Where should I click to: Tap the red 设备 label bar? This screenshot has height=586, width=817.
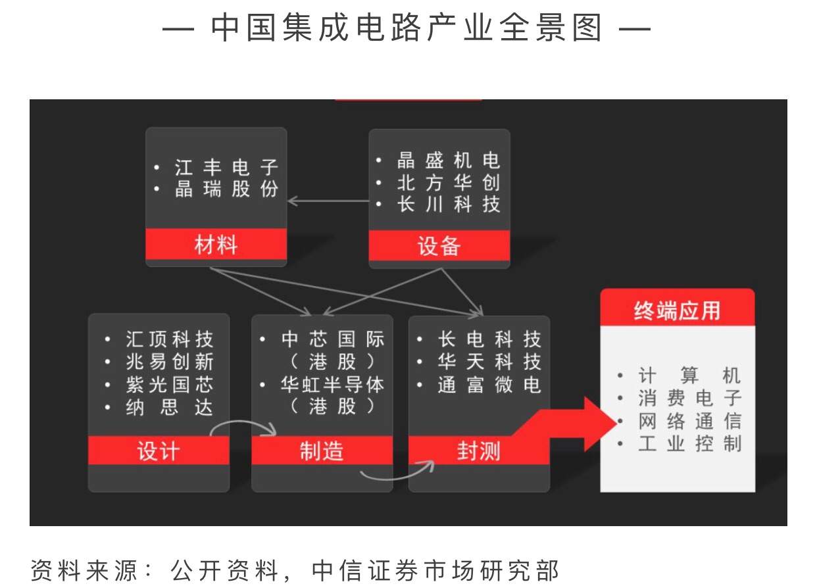click(x=439, y=246)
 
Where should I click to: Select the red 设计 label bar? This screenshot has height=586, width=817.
click(x=159, y=451)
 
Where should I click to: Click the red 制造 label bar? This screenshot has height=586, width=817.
click(x=322, y=451)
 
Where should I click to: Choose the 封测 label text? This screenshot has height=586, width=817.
click(x=478, y=451)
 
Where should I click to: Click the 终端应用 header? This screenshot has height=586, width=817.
click(x=677, y=310)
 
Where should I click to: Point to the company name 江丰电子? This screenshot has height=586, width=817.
click(x=226, y=167)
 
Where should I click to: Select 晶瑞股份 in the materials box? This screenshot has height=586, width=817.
click(x=226, y=189)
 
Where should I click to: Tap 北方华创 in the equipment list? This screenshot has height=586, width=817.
click(x=448, y=182)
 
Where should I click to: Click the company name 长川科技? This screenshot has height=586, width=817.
click(x=448, y=204)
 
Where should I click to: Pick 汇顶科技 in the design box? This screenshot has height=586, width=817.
click(x=169, y=339)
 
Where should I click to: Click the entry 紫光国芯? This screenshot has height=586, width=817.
click(x=169, y=385)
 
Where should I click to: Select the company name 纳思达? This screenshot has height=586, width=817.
click(x=169, y=408)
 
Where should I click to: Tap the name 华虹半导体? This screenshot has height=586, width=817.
click(x=332, y=385)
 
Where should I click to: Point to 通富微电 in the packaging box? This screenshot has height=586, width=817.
click(x=489, y=385)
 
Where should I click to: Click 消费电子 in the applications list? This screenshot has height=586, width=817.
click(x=689, y=398)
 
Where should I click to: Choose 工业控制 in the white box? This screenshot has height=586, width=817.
click(x=689, y=443)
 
